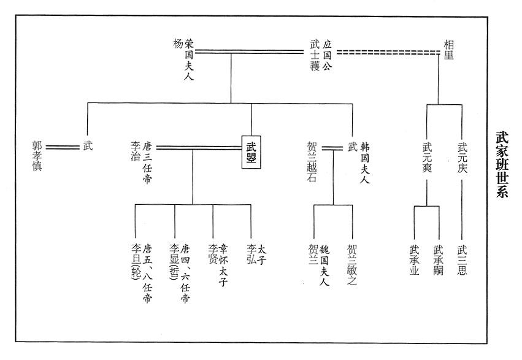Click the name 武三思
462,260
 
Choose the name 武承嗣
438,260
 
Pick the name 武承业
414,260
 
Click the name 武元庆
462,156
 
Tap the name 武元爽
427,156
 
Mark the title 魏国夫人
325,264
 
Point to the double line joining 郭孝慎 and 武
63,147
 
